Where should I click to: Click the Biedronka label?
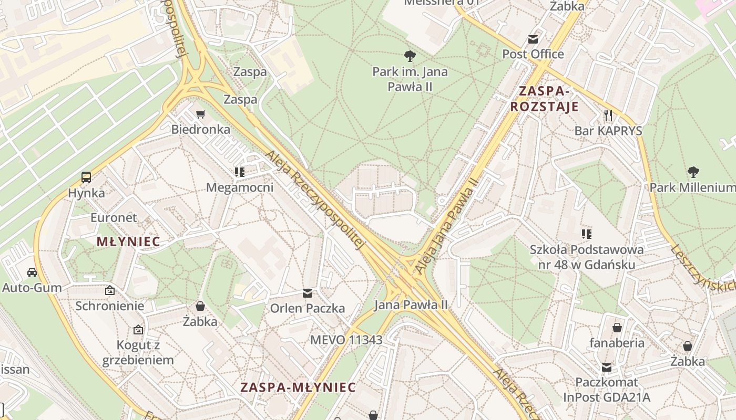(201, 129)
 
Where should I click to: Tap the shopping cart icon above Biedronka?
(200, 114)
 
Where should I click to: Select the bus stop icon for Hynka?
(86, 177)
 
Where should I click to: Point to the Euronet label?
(114, 217)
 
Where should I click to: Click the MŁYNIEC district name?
(128, 242)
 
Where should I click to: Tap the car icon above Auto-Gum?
(32, 272)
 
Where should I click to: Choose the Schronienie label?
(109, 306)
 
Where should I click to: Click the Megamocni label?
(240, 187)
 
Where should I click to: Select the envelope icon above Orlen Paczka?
(308, 293)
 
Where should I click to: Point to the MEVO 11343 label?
(346, 340)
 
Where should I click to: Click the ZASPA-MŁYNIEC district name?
(298, 387)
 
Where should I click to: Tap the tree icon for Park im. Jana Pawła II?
(410, 56)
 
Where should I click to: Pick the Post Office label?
(533, 54)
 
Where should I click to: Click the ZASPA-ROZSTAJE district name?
(544, 99)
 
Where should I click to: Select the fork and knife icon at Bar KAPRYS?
(608, 115)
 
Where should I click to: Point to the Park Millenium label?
(692, 187)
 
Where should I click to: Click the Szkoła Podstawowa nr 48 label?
(587, 257)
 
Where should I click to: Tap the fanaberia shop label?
(617, 343)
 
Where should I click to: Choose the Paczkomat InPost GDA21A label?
(607, 390)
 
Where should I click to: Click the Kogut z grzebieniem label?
(138, 352)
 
